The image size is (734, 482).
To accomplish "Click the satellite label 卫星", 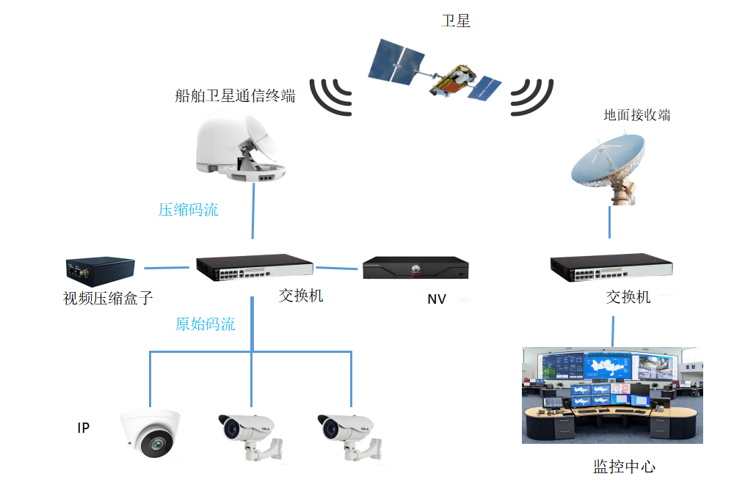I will pyautogui.click(x=455, y=21).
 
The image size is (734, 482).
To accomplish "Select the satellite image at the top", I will pyautogui.click(x=435, y=73).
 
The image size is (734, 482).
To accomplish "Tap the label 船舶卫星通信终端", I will pyautogui.click(x=235, y=95).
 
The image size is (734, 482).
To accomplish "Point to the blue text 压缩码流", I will pyautogui.click(x=189, y=210).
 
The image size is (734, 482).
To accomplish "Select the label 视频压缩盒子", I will pyautogui.click(x=108, y=299).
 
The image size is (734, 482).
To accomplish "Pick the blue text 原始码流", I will pyautogui.click(x=206, y=324).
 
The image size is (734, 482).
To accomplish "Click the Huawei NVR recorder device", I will pyautogui.click(x=415, y=269).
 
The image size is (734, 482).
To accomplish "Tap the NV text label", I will pyautogui.click(x=437, y=299).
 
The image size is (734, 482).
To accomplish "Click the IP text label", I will pyautogui.click(x=84, y=428).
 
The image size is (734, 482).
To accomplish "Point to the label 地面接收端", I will pyautogui.click(x=636, y=115).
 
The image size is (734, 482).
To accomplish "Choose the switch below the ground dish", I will pyautogui.click(x=613, y=269).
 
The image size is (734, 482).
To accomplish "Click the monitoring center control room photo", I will pyautogui.click(x=612, y=395).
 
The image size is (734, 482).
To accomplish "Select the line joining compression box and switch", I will pyautogui.click(x=166, y=267).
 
